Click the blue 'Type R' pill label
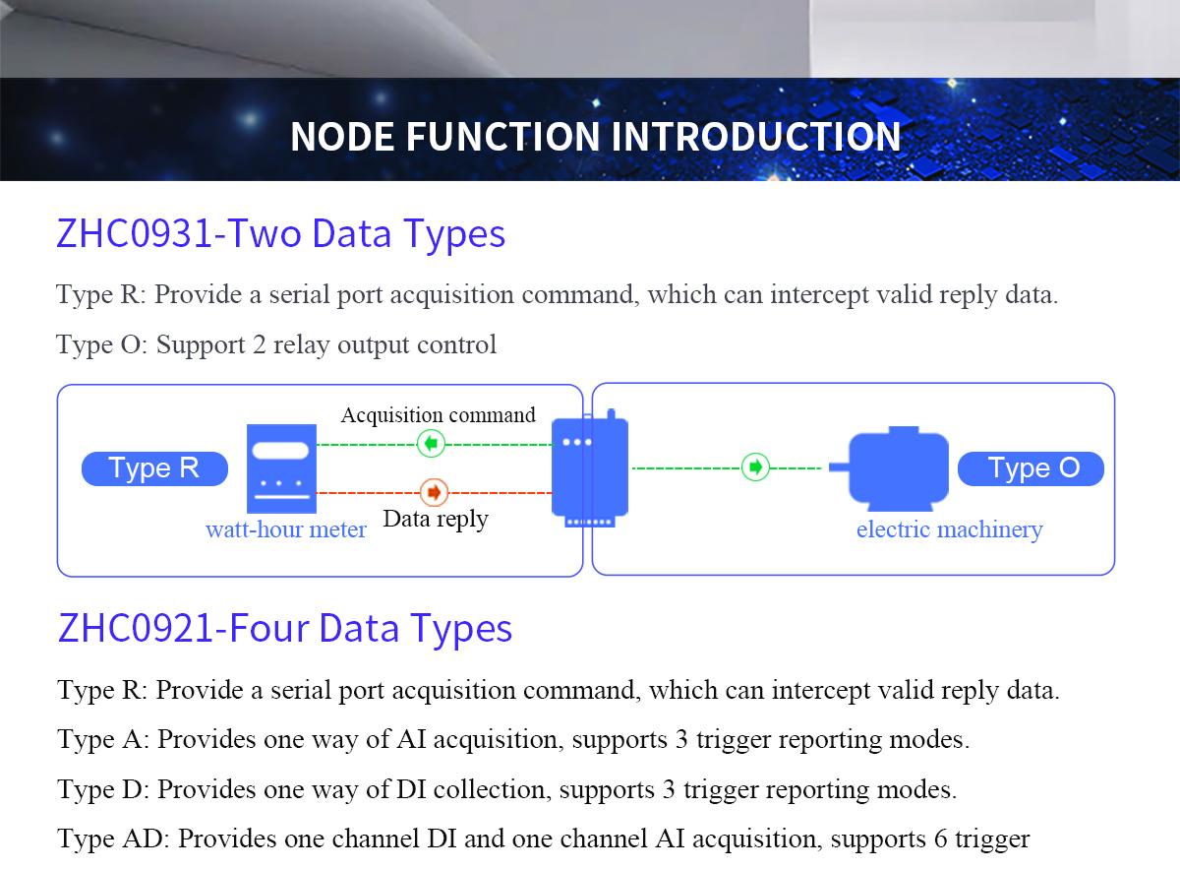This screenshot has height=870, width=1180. [x=155, y=468]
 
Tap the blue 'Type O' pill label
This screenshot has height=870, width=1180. [x=1031, y=468]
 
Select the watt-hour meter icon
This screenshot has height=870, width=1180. [x=282, y=468]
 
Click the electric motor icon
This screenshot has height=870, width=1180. [x=890, y=468]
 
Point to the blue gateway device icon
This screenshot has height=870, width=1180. [x=589, y=468]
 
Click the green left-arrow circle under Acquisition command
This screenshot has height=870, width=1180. [x=431, y=444]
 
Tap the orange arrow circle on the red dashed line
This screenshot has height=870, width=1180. [x=434, y=492]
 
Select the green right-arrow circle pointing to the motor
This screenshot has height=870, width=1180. [x=755, y=467]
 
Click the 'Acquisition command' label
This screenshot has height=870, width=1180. [x=439, y=415]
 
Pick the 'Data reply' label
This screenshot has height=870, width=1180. [x=436, y=520]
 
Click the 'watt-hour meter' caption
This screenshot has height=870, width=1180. [x=286, y=529]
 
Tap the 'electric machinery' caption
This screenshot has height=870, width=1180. [x=950, y=529]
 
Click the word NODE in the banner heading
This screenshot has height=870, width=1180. [x=342, y=137]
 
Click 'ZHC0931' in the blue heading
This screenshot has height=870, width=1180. [x=134, y=233]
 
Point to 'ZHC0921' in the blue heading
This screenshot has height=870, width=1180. [x=136, y=629]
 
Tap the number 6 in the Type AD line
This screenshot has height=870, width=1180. [x=941, y=839]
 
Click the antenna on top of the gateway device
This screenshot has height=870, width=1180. [x=611, y=414]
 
